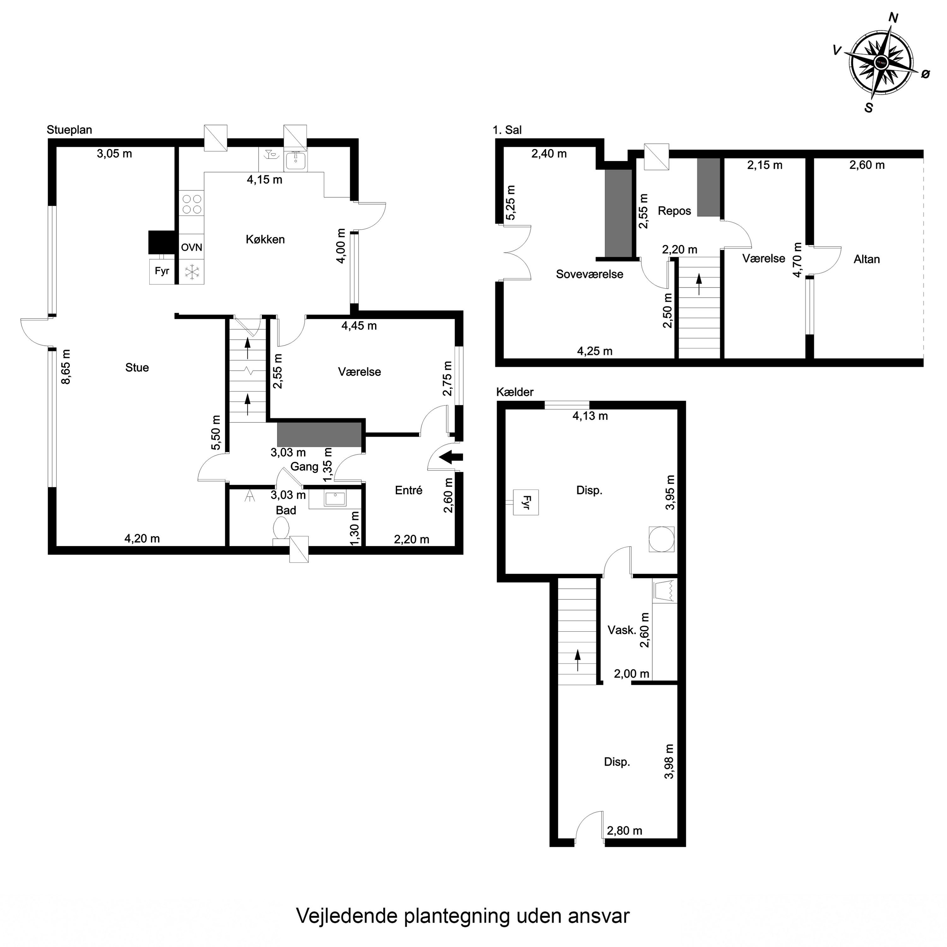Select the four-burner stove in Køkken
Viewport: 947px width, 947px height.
tap(191, 203)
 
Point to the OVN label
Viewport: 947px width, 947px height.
tap(191, 247)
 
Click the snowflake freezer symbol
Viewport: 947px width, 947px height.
tap(192, 272)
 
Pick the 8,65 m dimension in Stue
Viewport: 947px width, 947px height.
tap(66, 366)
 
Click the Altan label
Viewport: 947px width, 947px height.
tap(866, 259)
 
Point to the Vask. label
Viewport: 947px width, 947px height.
tap(622, 630)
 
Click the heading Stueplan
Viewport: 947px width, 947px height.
tap(69, 130)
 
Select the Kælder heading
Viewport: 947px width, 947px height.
tap(515, 392)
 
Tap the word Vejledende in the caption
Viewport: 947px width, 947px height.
tap(347, 916)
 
